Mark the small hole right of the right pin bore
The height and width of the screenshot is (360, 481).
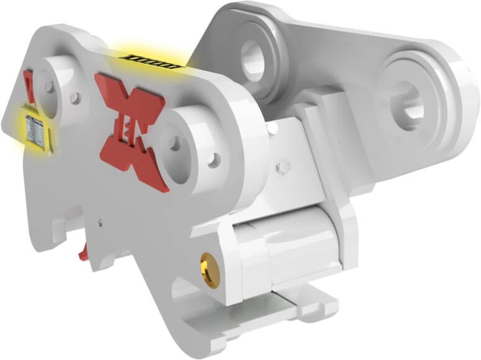point(214,160)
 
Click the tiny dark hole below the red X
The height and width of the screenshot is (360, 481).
point(101,218)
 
